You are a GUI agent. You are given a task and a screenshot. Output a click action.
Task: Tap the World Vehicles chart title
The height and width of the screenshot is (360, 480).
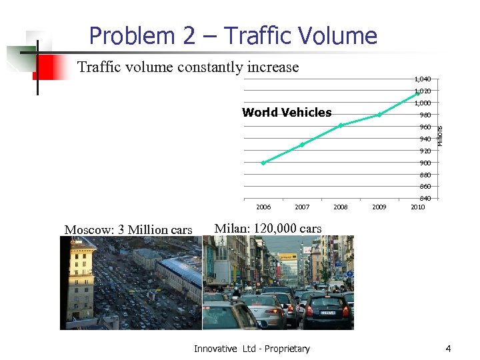[287, 112]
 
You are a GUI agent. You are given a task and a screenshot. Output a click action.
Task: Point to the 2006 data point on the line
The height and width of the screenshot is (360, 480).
[263, 163]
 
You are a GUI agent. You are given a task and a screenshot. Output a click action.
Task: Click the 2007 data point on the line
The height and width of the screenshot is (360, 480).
[302, 145]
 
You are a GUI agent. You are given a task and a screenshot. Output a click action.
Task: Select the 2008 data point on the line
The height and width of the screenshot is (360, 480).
[341, 125]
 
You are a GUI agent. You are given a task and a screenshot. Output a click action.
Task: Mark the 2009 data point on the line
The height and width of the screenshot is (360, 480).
[379, 115]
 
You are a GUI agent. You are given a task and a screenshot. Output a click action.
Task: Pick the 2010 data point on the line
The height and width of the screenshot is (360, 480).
[417, 94]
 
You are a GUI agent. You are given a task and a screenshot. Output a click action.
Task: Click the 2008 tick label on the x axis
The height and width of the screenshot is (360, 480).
[341, 207]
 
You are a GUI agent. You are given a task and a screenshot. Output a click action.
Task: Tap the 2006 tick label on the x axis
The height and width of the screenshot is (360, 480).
[263, 207]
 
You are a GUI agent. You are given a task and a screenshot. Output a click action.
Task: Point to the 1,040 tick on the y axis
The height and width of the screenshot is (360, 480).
[422, 79]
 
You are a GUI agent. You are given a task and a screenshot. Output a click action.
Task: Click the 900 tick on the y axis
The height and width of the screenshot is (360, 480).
[425, 163]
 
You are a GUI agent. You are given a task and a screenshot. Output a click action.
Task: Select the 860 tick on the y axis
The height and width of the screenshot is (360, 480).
[425, 187]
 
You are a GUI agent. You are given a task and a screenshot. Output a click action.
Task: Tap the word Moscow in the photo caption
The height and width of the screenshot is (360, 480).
[88, 229]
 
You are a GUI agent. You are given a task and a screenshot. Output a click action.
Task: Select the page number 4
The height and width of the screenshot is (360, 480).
[448, 349]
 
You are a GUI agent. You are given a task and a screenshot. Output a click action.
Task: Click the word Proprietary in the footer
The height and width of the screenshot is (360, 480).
[287, 349]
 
